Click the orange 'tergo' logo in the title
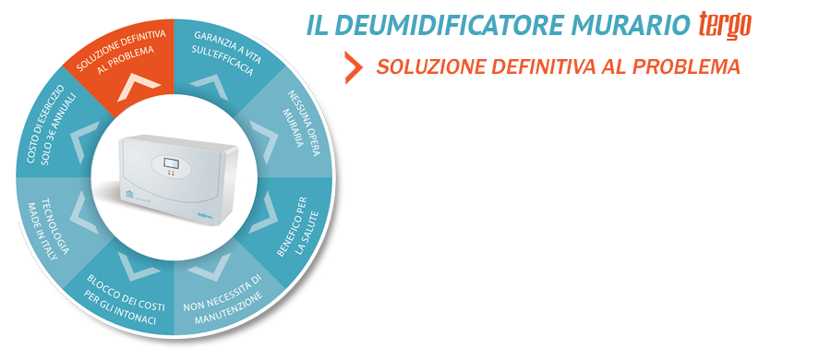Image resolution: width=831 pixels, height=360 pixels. click(x=725, y=25)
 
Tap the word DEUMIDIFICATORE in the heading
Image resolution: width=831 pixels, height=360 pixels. click(x=442, y=25)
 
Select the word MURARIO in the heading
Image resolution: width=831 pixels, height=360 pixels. click(x=624, y=25)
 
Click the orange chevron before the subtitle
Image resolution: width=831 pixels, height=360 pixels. click(x=354, y=67)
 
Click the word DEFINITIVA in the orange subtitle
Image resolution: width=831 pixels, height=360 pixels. click(x=543, y=66)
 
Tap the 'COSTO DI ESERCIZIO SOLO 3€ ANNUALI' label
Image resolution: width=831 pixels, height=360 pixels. click(x=52, y=127)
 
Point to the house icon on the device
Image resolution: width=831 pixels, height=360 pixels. click(x=129, y=195)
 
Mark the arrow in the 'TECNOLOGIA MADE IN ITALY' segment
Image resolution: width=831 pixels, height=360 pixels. click(x=83, y=213)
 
